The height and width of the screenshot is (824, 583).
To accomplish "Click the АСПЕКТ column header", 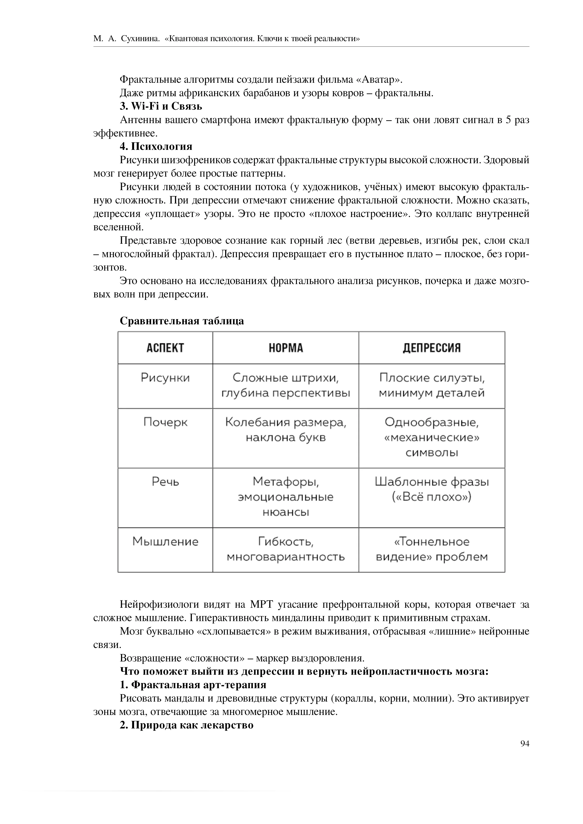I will click(165, 348).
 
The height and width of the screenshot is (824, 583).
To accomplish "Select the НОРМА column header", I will click(286, 348).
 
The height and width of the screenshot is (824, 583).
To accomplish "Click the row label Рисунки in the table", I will click(165, 378).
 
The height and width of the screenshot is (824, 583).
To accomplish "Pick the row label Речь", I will click(165, 482).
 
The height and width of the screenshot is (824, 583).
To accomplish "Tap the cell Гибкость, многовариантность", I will click(286, 549).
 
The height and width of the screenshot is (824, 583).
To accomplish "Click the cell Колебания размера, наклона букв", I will click(286, 430).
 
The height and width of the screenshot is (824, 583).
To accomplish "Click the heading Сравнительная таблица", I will click(182, 321).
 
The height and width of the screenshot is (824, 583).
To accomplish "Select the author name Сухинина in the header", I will click(140, 38).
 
